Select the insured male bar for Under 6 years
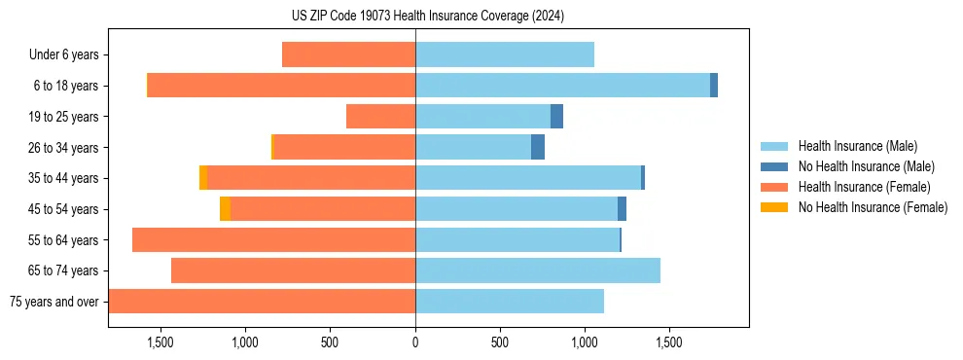[504, 54]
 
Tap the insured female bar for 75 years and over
[262, 302]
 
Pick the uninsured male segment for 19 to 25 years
[556, 117]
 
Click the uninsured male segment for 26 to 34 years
[538, 147]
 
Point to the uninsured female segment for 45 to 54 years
[226, 209]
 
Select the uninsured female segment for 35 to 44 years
[203, 178]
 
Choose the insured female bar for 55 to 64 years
[273, 240]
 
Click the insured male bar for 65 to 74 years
[537, 270]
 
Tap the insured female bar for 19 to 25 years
[380, 117]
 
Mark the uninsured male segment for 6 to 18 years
[714, 86]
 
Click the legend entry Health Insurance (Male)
[857, 146]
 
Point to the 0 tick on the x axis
[415, 342]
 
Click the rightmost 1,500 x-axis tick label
[669, 342]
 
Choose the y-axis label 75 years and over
[53, 302]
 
